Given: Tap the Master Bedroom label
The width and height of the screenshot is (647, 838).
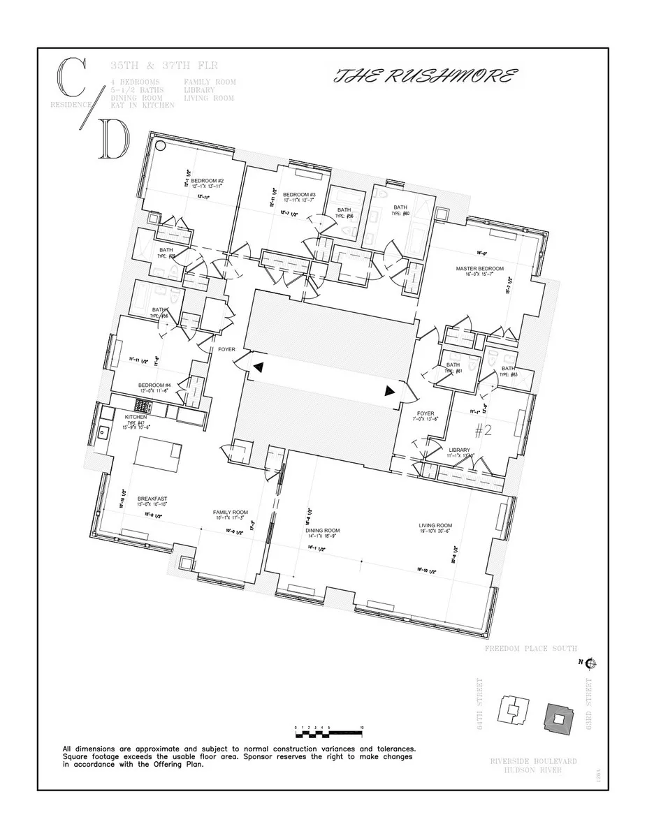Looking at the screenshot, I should click(479, 268).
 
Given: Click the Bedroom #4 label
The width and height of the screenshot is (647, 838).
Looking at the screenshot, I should click(154, 385).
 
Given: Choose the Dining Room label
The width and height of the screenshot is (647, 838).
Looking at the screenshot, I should click(322, 530).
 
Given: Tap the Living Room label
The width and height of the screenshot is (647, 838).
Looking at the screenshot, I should click(435, 525).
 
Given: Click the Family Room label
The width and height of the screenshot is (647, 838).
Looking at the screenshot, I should click(231, 513).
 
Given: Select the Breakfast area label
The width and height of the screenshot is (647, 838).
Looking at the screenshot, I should click(152, 499).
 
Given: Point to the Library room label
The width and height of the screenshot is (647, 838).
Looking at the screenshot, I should click(459, 450).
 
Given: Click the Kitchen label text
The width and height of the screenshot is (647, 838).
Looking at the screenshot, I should click(136, 417).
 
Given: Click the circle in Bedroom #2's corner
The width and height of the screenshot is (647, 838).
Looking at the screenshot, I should click(160, 146).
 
